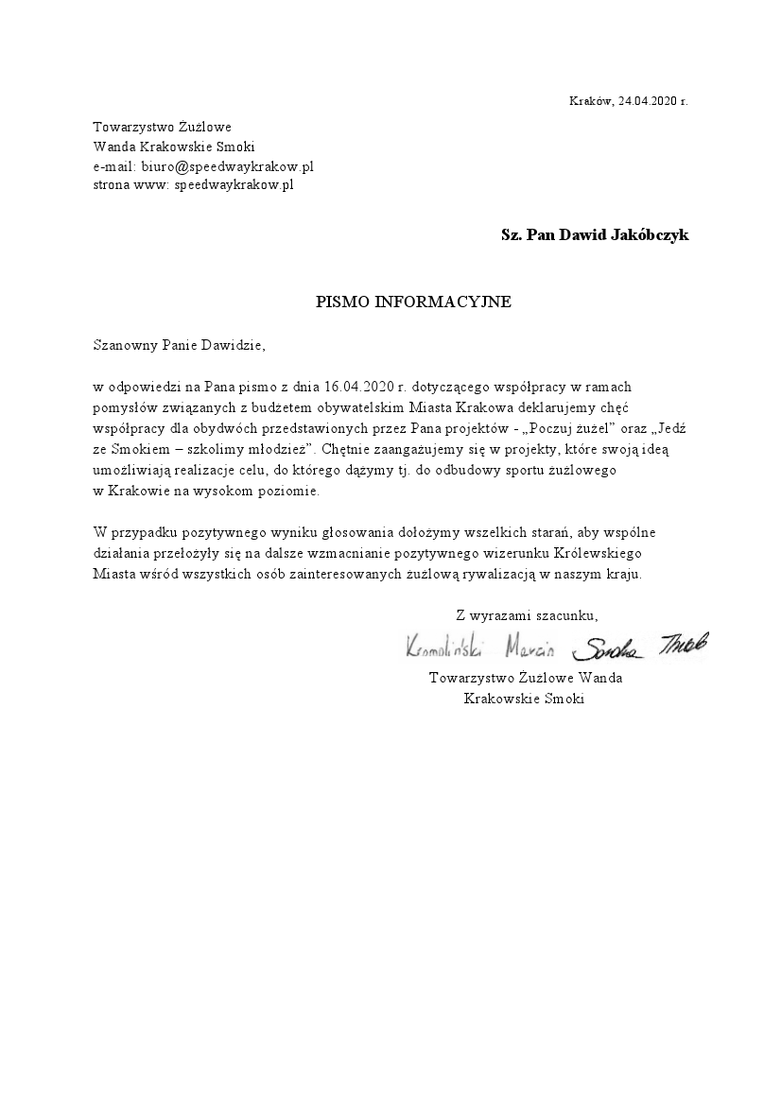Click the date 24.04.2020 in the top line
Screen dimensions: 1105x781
point(648,100)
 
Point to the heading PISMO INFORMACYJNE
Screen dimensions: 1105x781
point(413,302)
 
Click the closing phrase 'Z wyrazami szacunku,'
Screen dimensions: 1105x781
point(527,615)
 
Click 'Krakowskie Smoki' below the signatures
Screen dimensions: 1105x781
point(525,699)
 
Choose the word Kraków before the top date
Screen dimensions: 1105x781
point(591,100)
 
